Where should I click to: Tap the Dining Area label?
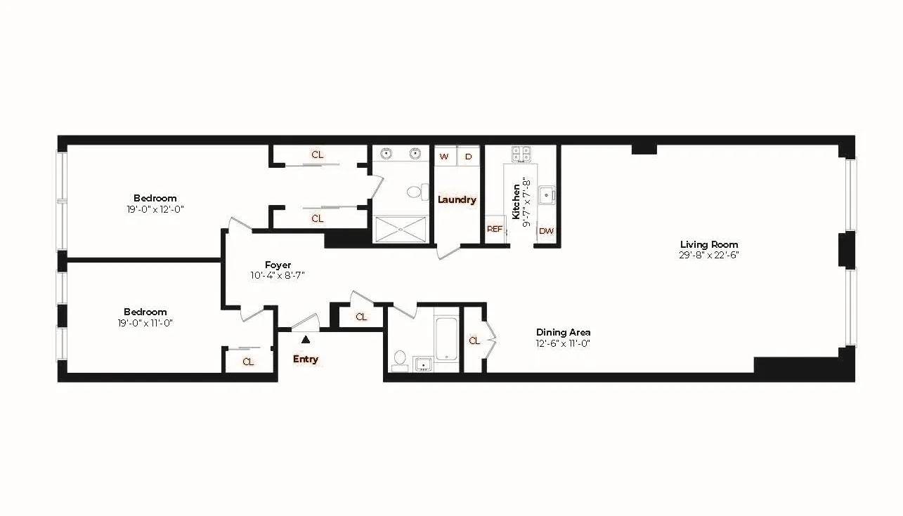(563, 332)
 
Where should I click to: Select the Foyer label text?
(278, 265)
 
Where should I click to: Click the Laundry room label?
(457, 199)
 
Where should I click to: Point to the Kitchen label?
(517, 201)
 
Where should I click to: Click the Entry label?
(305, 359)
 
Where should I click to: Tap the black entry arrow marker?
(305, 340)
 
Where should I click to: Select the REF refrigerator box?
(495, 230)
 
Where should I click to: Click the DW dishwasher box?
(546, 230)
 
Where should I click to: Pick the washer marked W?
(444, 157)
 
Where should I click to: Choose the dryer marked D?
(468, 157)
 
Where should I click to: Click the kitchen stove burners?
(521, 154)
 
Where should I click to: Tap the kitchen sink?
(545, 194)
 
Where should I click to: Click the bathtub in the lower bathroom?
(446, 340)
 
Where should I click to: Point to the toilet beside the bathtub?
(399, 359)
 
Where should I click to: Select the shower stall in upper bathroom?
(400, 229)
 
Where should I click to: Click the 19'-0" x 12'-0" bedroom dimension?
(155, 209)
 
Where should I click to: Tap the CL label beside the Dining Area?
(474, 340)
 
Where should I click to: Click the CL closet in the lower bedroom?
(248, 362)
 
